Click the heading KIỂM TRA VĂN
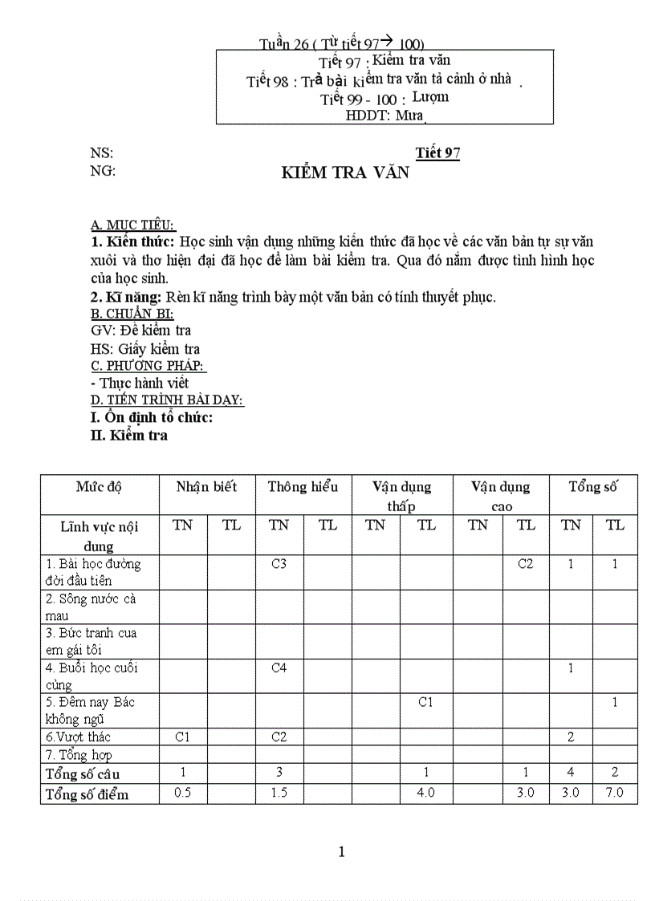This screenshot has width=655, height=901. tap(345, 173)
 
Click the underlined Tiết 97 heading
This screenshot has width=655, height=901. tap(437, 153)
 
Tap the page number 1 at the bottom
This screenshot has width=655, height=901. tap(342, 851)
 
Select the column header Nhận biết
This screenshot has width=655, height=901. tap(207, 487)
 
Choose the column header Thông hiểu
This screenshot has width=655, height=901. tap(303, 487)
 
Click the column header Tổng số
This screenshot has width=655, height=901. tap(593, 487)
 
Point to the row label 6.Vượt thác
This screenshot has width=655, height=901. tap(79, 737)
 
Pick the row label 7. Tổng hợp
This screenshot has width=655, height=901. tap(79, 755)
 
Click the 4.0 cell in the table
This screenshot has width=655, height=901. tap(426, 793)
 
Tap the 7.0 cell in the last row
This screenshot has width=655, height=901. tap(615, 793)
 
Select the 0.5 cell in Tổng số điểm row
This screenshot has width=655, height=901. tap(183, 793)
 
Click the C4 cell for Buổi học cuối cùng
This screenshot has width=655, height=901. tap(279, 668)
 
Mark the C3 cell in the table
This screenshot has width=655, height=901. tap(279, 564)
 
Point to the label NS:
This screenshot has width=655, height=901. tap(102, 153)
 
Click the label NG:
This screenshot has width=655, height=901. tap(103, 171)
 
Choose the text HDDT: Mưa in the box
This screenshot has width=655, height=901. tap(384, 116)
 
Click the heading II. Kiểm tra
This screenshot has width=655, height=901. tap(129, 436)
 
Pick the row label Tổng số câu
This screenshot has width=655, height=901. tap(83, 774)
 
